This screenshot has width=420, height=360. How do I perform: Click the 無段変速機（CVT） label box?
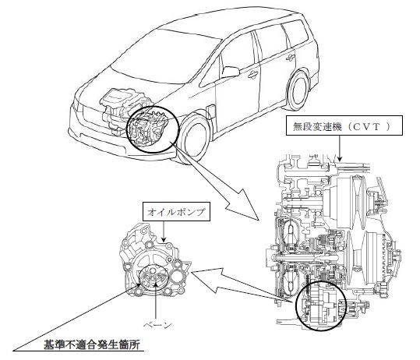pyautogui.click(x=344, y=125)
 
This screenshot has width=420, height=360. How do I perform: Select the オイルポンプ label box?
pyautogui.click(x=176, y=212)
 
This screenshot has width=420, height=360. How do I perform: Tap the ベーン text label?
pyautogui.click(x=157, y=325)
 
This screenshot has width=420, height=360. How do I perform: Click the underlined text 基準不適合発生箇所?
pyautogui.click(x=92, y=344)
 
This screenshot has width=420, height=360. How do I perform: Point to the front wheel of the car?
pyautogui.click(x=194, y=139)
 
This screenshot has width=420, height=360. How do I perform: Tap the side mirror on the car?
pyautogui.click(x=230, y=72)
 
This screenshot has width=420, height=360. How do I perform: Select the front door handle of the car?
pyautogui.click(x=252, y=75)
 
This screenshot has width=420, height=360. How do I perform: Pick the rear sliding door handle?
pyautogui.click(x=290, y=58)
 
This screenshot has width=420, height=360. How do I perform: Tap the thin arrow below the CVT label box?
pyautogui.click(x=340, y=148)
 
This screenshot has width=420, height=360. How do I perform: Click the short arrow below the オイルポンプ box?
pyautogui.click(x=163, y=231)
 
